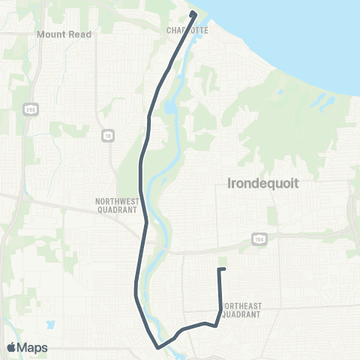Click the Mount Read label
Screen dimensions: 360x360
64,34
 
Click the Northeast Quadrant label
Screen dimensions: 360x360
239,310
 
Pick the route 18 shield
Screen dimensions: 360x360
106,134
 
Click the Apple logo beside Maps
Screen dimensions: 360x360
11,347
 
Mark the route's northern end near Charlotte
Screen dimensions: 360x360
193,13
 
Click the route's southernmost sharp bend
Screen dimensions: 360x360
157,347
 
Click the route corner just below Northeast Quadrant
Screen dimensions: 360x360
216,325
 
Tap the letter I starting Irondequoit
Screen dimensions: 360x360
228,183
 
